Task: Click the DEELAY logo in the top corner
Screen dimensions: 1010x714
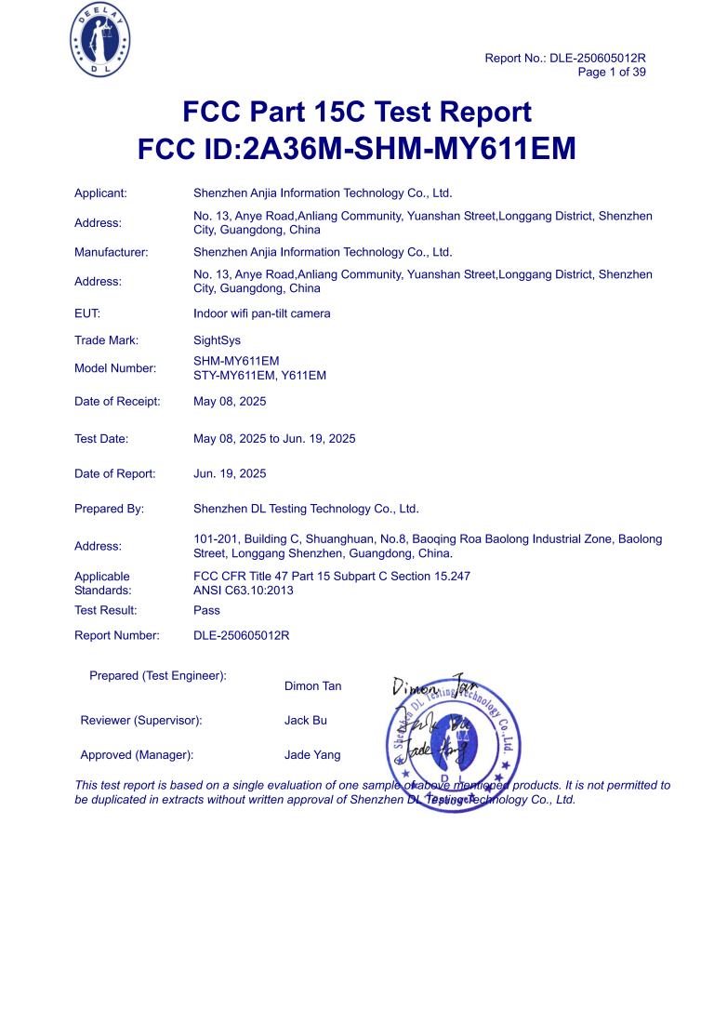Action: click(100, 40)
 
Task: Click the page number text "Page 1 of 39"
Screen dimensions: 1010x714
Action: click(612, 72)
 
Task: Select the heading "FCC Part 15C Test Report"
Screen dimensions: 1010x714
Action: click(357, 113)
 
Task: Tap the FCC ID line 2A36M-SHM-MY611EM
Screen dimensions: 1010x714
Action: click(357, 149)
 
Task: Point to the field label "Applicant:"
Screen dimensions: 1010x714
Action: click(100, 193)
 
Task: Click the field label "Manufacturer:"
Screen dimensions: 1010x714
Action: click(112, 252)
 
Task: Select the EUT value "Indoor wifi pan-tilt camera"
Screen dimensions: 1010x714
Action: click(261, 313)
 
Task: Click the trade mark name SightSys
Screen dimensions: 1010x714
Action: click(217, 341)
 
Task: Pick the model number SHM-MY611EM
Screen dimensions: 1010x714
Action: click(236, 361)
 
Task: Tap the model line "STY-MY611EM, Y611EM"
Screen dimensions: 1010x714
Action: click(259, 376)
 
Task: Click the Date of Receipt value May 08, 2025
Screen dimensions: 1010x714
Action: click(230, 402)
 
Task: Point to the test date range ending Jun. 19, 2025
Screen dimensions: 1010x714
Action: click(274, 439)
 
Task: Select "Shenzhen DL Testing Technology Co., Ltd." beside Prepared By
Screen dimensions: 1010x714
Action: click(306, 509)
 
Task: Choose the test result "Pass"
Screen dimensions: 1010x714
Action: click(206, 610)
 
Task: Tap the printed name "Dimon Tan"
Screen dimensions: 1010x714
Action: click(312, 686)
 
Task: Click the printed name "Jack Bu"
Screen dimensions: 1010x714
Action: click(305, 721)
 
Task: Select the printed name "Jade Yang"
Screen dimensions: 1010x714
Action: click(312, 755)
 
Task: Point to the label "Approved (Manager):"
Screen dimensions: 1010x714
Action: click(137, 755)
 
